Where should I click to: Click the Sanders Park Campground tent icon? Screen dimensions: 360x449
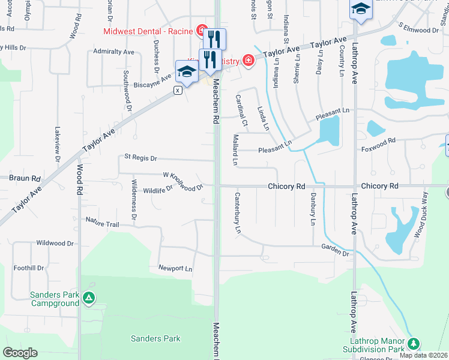point(89,298)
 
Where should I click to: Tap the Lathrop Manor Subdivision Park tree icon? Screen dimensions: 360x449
point(413,344)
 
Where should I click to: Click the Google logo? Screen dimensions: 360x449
point(20,353)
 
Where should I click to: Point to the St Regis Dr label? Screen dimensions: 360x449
point(140,158)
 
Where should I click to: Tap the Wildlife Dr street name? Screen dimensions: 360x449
point(158,190)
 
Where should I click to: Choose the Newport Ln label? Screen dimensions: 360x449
point(175,268)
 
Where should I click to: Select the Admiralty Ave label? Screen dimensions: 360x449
point(113,52)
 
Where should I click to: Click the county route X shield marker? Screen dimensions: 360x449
point(178,90)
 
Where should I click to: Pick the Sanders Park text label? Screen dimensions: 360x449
point(155,338)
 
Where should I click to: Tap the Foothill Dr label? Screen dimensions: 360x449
point(29,268)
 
